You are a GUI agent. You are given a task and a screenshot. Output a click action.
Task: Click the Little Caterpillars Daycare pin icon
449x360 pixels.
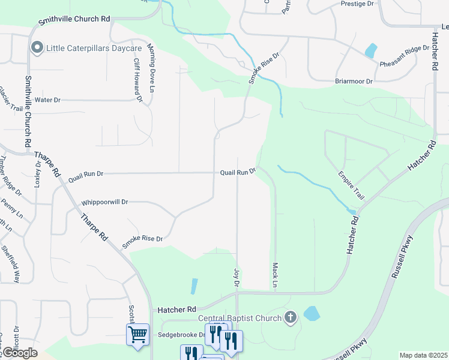37,47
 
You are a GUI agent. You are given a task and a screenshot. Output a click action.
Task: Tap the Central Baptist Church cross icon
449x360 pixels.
291,317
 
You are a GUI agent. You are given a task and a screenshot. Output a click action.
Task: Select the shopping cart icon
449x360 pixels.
137,334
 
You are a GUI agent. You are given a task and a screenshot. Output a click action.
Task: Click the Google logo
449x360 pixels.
19,353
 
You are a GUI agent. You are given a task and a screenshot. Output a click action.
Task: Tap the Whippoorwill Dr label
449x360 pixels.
105,202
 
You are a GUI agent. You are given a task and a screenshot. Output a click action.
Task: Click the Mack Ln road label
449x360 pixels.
275,274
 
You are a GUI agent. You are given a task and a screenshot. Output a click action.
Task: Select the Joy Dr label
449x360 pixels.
236,277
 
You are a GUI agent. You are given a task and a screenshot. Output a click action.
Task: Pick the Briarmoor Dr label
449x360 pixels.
354,81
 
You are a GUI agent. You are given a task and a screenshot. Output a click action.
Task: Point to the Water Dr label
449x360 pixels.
48,100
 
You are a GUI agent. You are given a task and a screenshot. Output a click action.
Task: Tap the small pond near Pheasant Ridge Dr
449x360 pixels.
371,50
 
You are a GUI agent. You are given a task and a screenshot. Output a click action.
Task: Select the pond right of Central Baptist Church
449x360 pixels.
311,313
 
